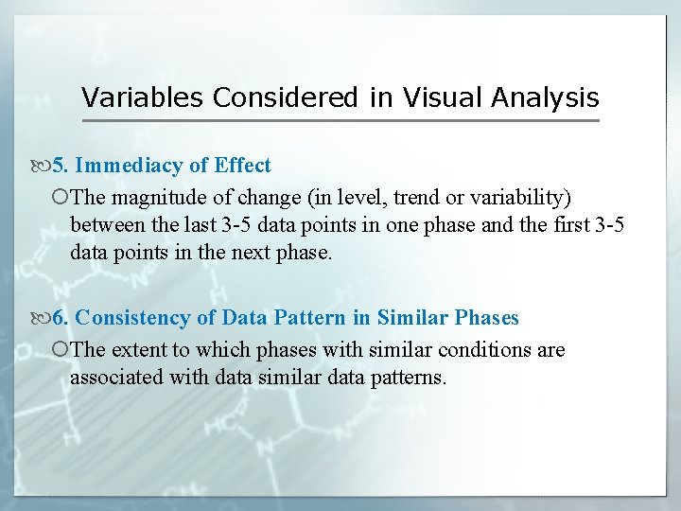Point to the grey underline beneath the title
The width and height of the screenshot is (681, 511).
tap(340, 120)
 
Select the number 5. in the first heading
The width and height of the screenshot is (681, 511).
tap(60, 166)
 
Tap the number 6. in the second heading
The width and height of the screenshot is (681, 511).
tap(60, 318)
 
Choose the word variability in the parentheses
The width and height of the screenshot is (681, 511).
tap(523, 197)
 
